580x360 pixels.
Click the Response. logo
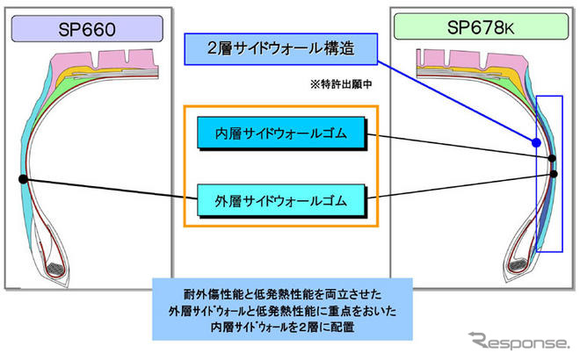click(x=518, y=341)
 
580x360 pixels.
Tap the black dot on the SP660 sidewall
click(x=23, y=178)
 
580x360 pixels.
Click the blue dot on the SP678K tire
click(x=535, y=141)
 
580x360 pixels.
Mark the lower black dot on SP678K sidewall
click(x=555, y=174)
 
